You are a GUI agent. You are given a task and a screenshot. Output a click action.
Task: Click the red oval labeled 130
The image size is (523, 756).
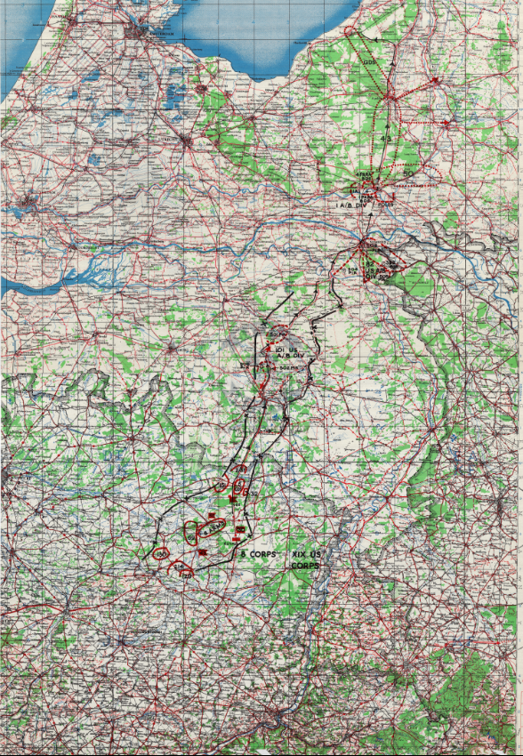[161, 554]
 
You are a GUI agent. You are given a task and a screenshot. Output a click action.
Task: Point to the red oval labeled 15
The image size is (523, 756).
[220, 484]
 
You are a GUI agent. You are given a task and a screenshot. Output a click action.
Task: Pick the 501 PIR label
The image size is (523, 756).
[274, 334]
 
